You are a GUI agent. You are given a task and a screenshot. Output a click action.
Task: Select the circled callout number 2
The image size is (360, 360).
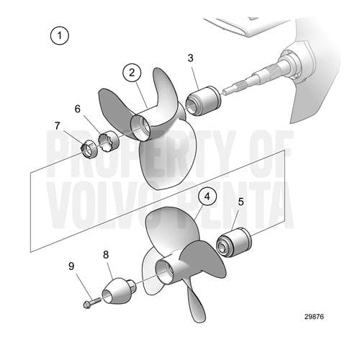coord(131,72)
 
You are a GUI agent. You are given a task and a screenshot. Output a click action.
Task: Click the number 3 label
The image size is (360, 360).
coord(190,58)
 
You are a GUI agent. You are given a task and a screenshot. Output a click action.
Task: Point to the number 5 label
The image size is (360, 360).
coord(240,202)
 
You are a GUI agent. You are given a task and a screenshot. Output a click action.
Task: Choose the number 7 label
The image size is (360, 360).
coord(57,126)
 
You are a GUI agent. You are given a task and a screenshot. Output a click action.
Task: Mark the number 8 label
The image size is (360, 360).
coord(106,254)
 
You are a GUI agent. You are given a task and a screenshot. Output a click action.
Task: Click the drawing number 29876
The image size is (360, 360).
coord(315,336)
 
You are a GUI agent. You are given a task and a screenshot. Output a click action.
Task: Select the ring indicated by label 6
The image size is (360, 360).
coord(107,139)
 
